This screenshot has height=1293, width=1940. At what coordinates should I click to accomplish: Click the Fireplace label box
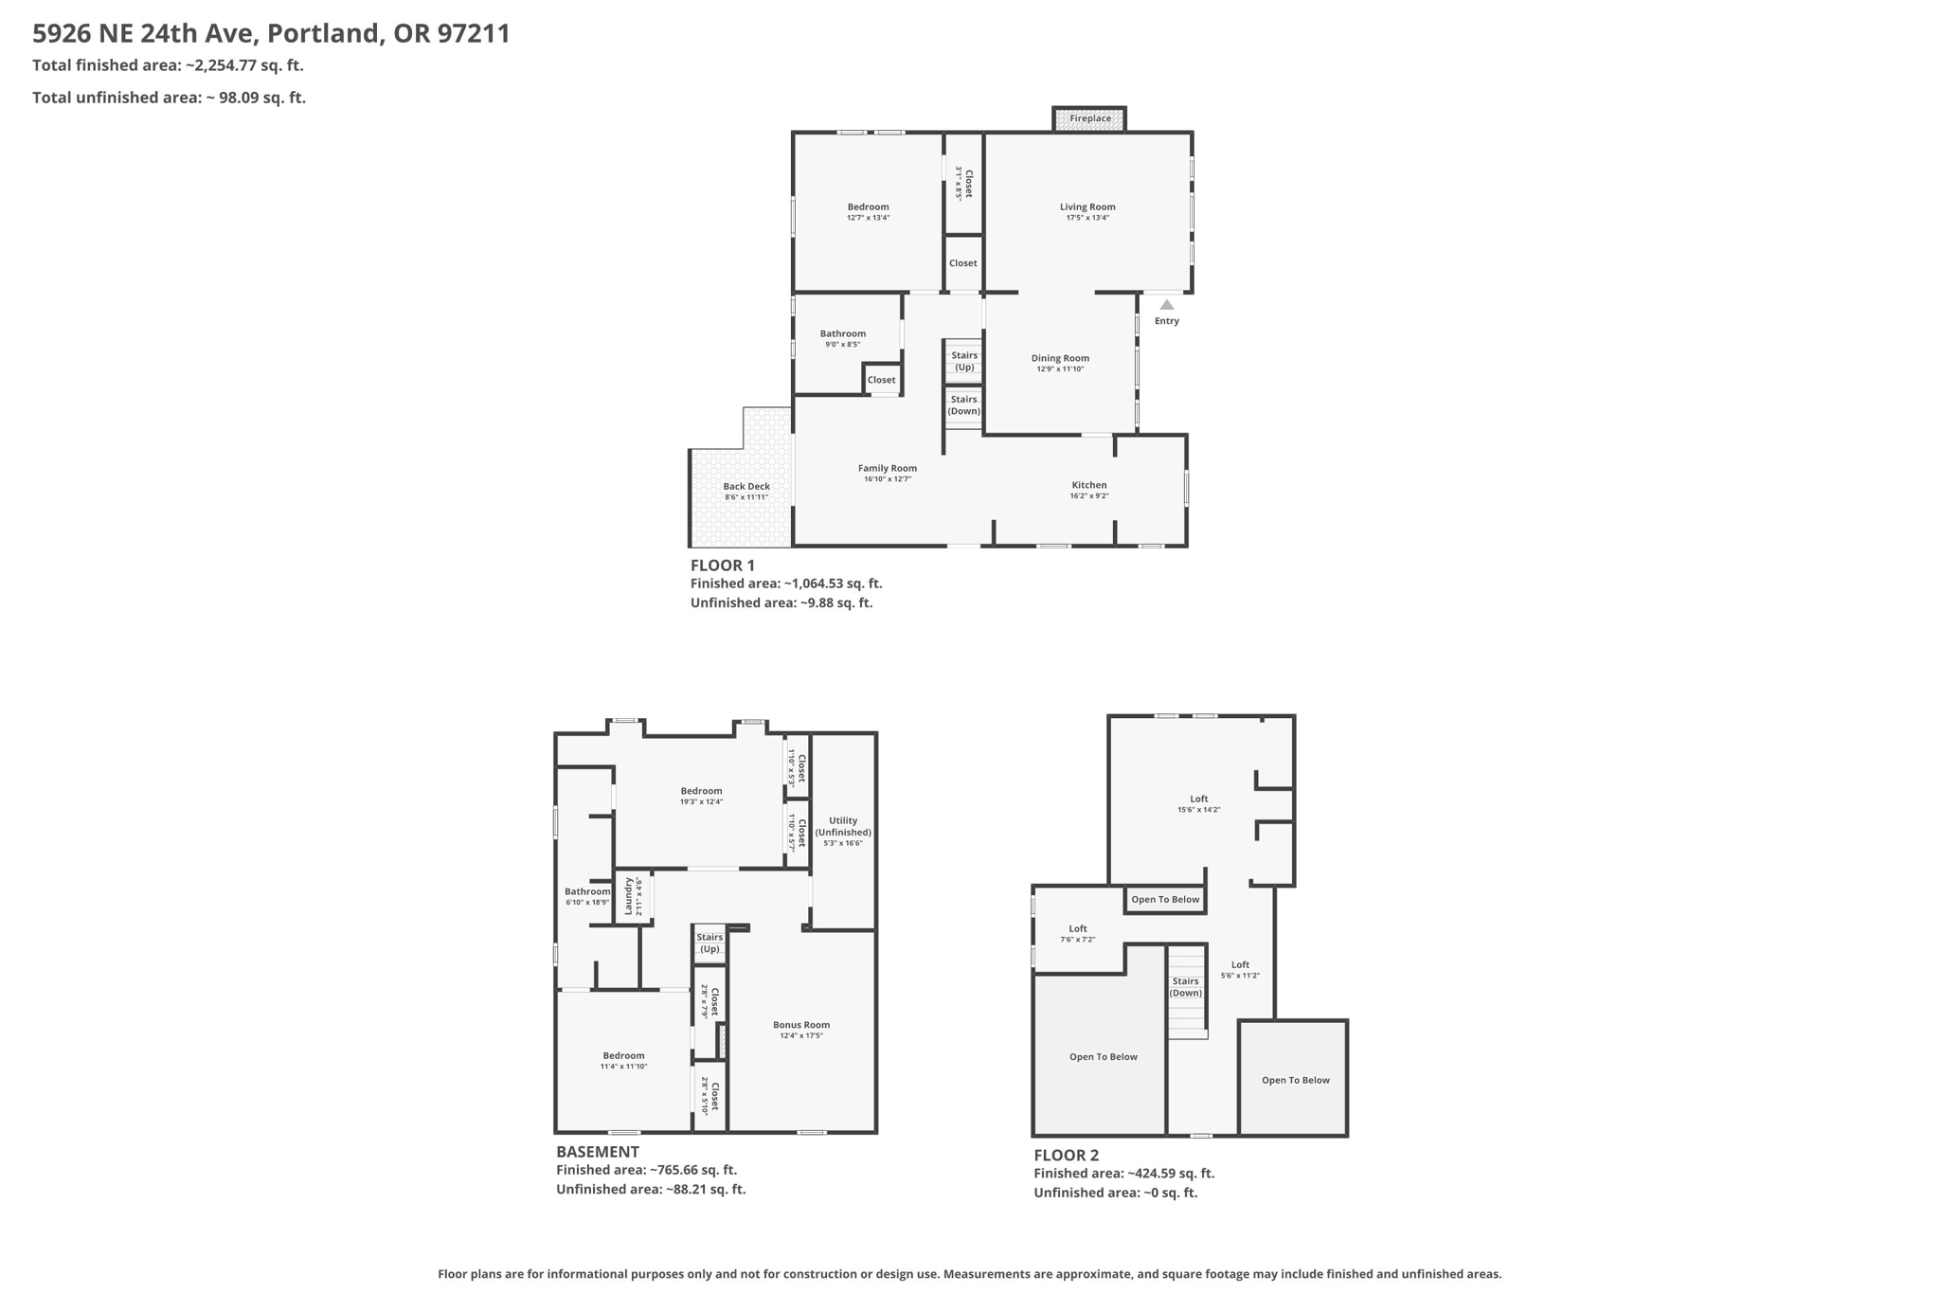coord(1089,118)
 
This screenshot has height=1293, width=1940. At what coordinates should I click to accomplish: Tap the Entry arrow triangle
coord(1167,305)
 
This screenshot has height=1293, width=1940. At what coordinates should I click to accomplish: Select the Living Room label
coord(1087,207)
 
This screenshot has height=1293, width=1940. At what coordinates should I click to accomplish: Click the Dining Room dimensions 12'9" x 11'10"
coord(1060,369)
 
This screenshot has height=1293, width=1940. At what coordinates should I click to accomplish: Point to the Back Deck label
coord(746,486)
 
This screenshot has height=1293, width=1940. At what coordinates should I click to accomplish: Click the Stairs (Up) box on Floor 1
coord(964,361)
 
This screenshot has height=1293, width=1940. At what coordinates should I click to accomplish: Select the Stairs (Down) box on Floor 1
coord(964,405)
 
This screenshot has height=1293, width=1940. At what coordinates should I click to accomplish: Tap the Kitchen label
coord(1089,485)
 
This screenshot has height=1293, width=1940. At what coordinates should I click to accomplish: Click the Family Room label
coord(888,468)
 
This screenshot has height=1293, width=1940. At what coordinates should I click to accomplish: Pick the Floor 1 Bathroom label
coord(843,333)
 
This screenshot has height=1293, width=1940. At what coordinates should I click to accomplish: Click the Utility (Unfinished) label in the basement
coord(843,826)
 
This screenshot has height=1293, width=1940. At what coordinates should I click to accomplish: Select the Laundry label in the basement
coord(628,895)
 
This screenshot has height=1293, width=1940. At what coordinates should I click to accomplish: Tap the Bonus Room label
coord(801,1025)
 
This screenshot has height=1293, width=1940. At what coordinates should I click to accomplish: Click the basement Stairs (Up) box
coord(710,943)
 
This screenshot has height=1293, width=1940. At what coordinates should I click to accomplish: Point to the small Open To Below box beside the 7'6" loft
coord(1165,900)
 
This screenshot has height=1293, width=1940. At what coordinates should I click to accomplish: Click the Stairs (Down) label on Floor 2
coord(1186,987)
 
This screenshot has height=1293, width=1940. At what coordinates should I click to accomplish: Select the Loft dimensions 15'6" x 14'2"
coord(1199,810)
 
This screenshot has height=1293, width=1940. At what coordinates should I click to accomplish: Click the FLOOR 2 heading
coord(1067,1155)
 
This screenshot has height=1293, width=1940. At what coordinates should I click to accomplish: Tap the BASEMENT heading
coord(598,1152)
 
